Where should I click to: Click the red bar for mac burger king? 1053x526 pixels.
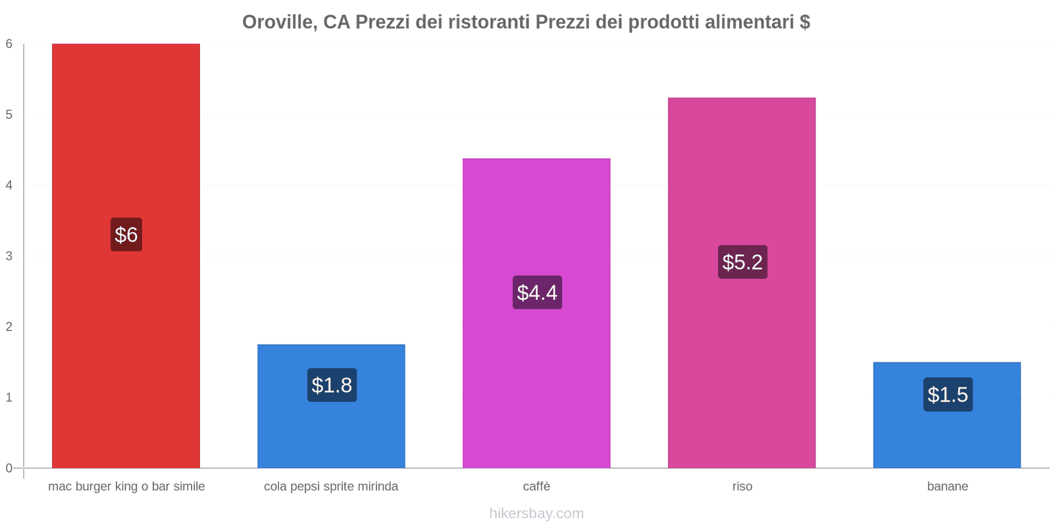click(126, 256)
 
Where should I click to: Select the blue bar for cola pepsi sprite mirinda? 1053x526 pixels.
click(332, 406)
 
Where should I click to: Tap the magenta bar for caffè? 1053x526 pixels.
click(536, 313)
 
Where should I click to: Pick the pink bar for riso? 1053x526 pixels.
click(742, 283)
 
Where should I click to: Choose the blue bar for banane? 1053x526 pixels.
click(947, 415)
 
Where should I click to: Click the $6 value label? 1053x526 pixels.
click(126, 234)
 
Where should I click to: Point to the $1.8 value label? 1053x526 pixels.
click(332, 385)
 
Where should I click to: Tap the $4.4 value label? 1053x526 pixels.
click(537, 292)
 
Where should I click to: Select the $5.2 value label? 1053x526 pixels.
click(743, 262)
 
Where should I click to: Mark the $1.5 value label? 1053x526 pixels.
click(948, 394)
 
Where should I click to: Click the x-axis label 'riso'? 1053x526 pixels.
click(742, 486)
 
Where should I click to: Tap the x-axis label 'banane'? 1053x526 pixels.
click(948, 486)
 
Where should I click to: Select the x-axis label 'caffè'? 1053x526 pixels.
click(537, 486)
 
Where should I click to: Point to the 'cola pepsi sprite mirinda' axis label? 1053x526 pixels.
click(331, 486)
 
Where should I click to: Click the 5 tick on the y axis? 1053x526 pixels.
click(9, 114)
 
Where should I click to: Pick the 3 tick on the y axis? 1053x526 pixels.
click(9, 256)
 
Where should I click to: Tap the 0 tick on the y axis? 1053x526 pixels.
click(9, 468)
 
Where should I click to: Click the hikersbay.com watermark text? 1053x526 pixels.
click(536, 513)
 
